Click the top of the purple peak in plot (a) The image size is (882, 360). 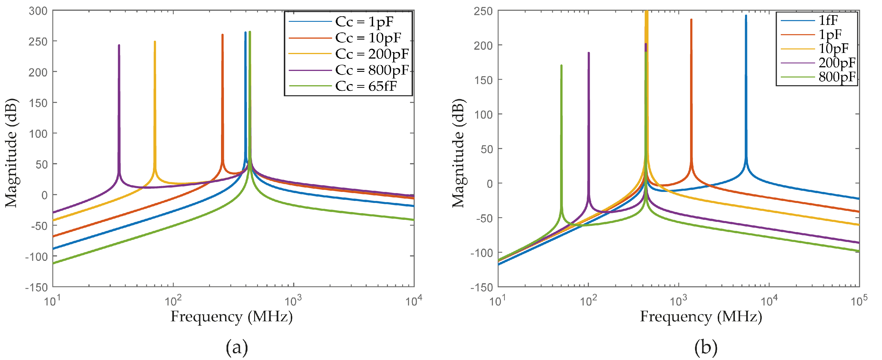pyautogui.click(x=119, y=45)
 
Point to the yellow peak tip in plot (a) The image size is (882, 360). pyautogui.click(x=155, y=42)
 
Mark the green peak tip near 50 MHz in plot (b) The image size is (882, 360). pyautogui.click(x=562, y=65)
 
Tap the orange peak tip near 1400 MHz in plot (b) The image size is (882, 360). pyautogui.click(x=691, y=19)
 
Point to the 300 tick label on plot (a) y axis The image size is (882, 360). pyautogui.click(x=38, y=11)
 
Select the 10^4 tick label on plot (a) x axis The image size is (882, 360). pyautogui.click(x=414, y=301)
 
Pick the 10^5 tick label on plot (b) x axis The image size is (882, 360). pyautogui.click(x=859, y=301)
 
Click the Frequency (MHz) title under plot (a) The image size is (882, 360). pyautogui.click(x=231, y=316)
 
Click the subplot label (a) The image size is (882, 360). pyautogui.click(x=237, y=348)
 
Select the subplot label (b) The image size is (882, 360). pyautogui.click(x=706, y=348)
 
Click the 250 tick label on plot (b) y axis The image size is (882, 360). pyautogui.click(x=483, y=11)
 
